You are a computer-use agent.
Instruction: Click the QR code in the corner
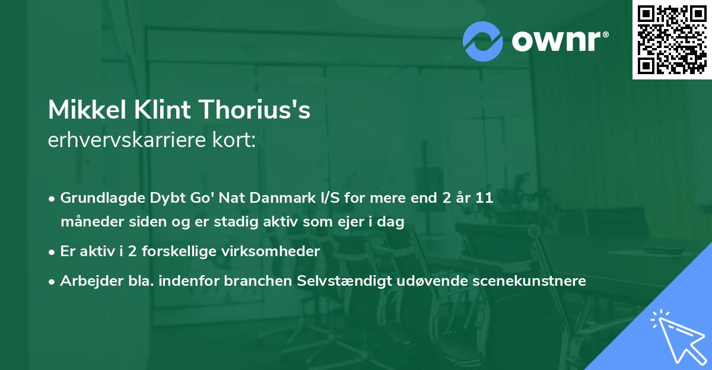click(x=672, y=40)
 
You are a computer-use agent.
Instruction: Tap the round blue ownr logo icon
click(x=483, y=42)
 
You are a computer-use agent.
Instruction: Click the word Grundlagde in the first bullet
click(x=96, y=198)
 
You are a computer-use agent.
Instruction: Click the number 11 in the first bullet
click(x=484, y=198)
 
